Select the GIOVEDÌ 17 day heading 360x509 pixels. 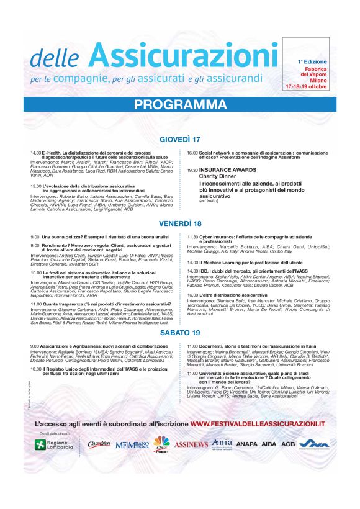point(179,138)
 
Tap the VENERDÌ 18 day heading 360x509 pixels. point(180,223)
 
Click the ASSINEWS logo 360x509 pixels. point(191,444)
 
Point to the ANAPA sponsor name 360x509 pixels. point(246,444)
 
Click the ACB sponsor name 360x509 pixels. point(287,444)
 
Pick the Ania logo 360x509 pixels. point(222,443)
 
